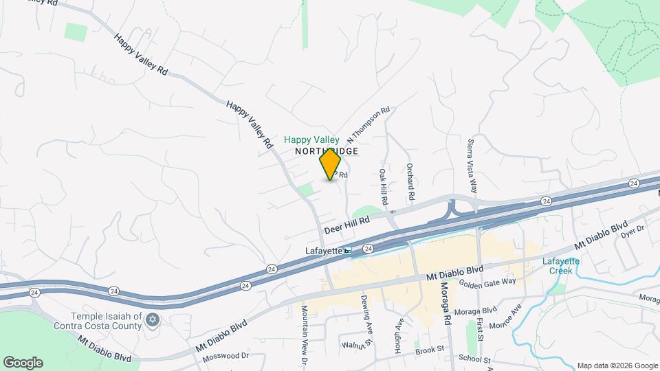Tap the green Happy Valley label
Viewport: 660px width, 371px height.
312,139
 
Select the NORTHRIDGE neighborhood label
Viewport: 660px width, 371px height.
327,150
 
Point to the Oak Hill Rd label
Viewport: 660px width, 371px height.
384,187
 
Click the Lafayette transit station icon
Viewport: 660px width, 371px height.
348,251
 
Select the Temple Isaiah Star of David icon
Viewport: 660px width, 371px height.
152,319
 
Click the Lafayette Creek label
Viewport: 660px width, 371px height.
561,265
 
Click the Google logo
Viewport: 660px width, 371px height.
23,363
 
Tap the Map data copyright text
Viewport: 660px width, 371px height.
617,366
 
